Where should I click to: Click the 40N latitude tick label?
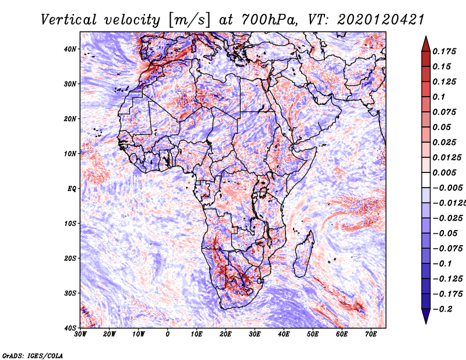(x=70, y=49)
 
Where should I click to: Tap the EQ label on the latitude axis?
(x=72, y=189)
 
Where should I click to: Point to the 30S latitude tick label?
(x=70, y=293)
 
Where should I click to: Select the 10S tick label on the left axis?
(x=70, y=223)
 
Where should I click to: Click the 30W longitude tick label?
(x=80, y=334)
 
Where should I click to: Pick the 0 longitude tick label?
(x=168, y=334)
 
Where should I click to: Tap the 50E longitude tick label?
(x=313, y=334)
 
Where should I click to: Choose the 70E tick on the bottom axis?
(x=371, y=334)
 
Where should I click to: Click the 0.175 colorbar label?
(x=444, y=51)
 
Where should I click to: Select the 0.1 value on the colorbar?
(x=439, y=97)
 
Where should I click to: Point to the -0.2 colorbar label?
(x=443, y=309)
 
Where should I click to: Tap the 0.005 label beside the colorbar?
(x=444, y=172)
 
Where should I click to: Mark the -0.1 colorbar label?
(x=443, y=264)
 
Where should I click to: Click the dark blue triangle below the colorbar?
(x=426, y=316)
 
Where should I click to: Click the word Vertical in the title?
(x=69, y=20)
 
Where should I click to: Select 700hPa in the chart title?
(x=269, y=20)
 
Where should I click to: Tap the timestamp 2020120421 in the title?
(x=380, y=20)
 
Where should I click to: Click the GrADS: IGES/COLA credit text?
(x=33, y=356)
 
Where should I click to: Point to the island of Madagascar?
(x=304, y=254)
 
